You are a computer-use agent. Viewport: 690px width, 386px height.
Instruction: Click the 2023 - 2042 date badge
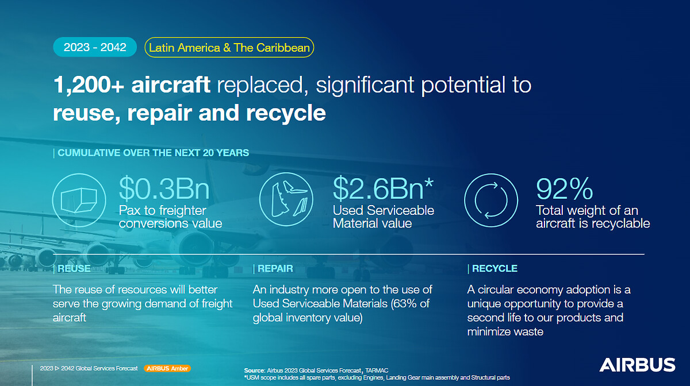coord(95,47)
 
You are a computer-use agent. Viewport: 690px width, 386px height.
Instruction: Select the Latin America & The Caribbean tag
coord(229,48)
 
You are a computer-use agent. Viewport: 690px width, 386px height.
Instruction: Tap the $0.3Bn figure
coord(164,188)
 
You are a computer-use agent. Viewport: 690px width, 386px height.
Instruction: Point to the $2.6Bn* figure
coord(383,188)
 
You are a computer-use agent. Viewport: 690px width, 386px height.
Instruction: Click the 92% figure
coord(564,188)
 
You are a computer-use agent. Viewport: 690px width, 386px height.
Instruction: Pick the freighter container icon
coord(79,200)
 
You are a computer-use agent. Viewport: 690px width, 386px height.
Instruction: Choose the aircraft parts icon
coord(286,199)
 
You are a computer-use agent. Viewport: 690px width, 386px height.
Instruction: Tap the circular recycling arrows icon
coord(491,200)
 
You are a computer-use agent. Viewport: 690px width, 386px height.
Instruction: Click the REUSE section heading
coord(74,268)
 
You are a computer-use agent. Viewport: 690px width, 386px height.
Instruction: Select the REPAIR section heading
coord(275,268)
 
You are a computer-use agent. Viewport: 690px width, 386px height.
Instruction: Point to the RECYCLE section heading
coord(494,268)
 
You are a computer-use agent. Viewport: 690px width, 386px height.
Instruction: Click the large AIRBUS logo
coord(637,365)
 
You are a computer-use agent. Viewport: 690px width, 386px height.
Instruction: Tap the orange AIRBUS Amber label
coord(167,368)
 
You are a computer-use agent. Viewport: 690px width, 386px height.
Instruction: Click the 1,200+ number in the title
coord(89,84)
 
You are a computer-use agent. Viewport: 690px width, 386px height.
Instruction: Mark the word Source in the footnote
coord(254,370)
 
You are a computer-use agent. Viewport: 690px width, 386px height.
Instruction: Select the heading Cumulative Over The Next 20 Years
coord(153,153)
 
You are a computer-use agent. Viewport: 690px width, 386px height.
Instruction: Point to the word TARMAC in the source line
coord(377,370)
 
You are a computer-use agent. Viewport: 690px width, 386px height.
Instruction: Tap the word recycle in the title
coord(286,113)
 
